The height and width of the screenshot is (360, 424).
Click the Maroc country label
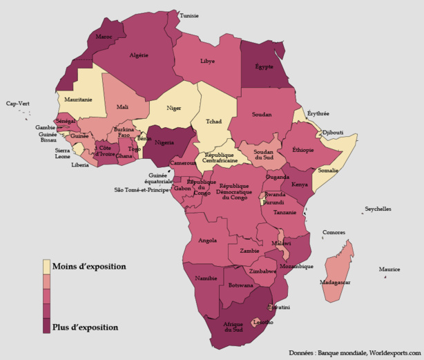[104, 36]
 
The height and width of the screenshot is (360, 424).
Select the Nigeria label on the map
[164, 143]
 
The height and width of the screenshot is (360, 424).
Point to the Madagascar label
[336, 283]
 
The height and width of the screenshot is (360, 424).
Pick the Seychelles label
[378, 209]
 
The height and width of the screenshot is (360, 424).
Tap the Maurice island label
[389, 269]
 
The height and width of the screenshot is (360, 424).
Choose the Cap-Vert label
[18, 104]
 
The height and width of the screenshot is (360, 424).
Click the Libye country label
[207, 61]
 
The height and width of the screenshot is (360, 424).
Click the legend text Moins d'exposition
[89, 266]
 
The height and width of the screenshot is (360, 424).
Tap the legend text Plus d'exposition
[86, 327]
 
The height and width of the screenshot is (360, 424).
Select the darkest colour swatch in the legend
[47, 326]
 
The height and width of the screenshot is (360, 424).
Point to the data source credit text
[354, 352]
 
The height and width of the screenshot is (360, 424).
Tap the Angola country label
[207, 241]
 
